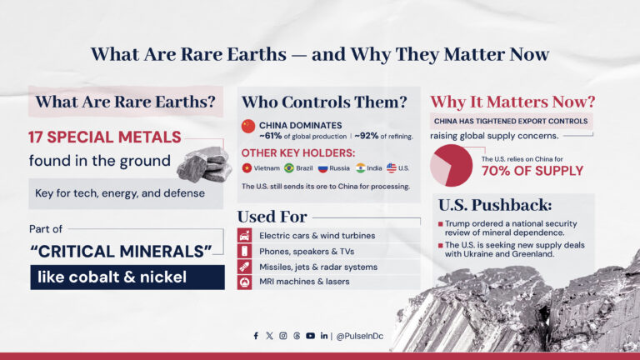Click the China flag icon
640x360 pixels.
click(x=247, y=126)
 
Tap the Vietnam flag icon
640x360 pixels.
click(x=247, y=168)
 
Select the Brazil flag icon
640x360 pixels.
click(x=289, y=168)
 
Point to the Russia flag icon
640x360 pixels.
click(x=322, y=168)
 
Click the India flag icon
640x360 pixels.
click(x=360, y=168)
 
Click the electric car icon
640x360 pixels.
click(x=245, y=235)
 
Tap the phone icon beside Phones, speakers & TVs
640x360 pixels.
click(x=245, y=251)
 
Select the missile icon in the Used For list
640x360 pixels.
click(x=245, y=267)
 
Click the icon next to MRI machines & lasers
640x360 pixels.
click(x=245, y=282)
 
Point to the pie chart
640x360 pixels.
click(x=451, y=165)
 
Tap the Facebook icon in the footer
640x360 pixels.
click(x=256, y=336)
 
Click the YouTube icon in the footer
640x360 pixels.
click(x=310, y=336)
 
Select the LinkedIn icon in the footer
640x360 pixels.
click(x=323, y=336)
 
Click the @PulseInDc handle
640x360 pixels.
click(x=360, y=336)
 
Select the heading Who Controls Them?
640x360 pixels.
click(x=324, y=102)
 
